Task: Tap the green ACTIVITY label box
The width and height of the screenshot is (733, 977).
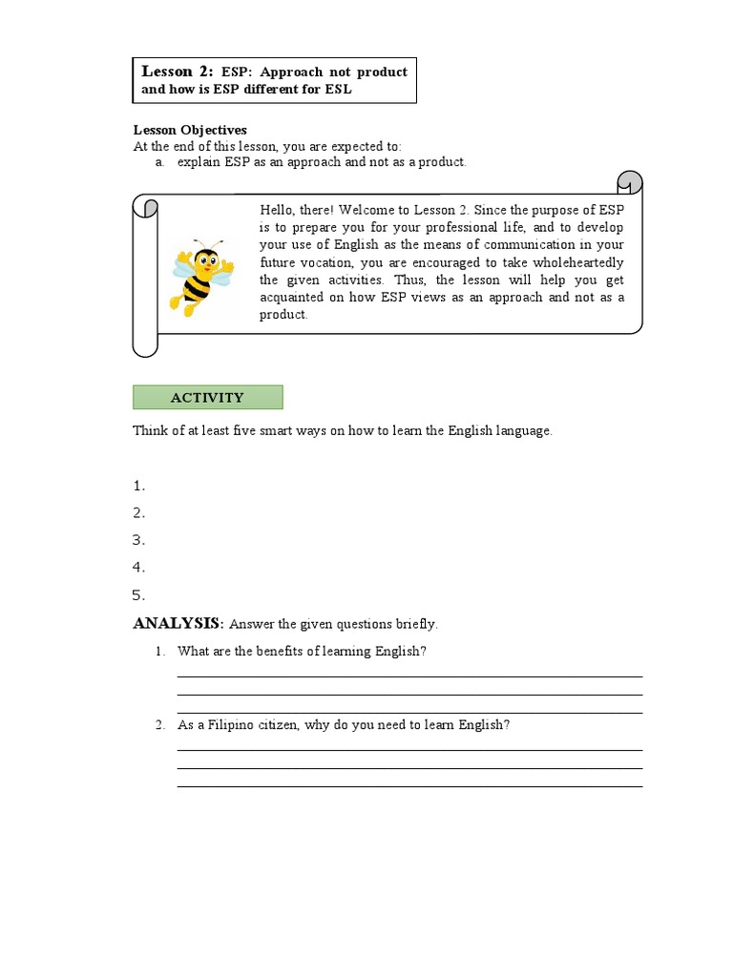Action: [207, 398]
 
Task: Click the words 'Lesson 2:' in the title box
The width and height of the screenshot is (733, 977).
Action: [178, 72]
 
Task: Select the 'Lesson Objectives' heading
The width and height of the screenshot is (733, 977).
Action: [189, 130]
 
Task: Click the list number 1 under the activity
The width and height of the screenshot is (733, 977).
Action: [138, 486]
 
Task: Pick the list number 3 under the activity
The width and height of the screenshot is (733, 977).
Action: [138, 540]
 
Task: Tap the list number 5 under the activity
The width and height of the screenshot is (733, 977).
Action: [138, 595]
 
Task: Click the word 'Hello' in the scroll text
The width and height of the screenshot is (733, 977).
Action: [278, 210]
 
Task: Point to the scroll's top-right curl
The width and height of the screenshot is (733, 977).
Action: [630, 181]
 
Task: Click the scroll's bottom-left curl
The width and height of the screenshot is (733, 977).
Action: [144, 343]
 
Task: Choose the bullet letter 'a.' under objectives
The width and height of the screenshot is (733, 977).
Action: [161, 162]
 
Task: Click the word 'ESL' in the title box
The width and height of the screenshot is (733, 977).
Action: [325, 90]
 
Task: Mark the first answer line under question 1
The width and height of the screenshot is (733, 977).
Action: [409, 676]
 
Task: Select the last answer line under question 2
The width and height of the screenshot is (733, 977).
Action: [409, 786]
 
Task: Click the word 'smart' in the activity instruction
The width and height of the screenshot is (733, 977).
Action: [243, 430]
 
